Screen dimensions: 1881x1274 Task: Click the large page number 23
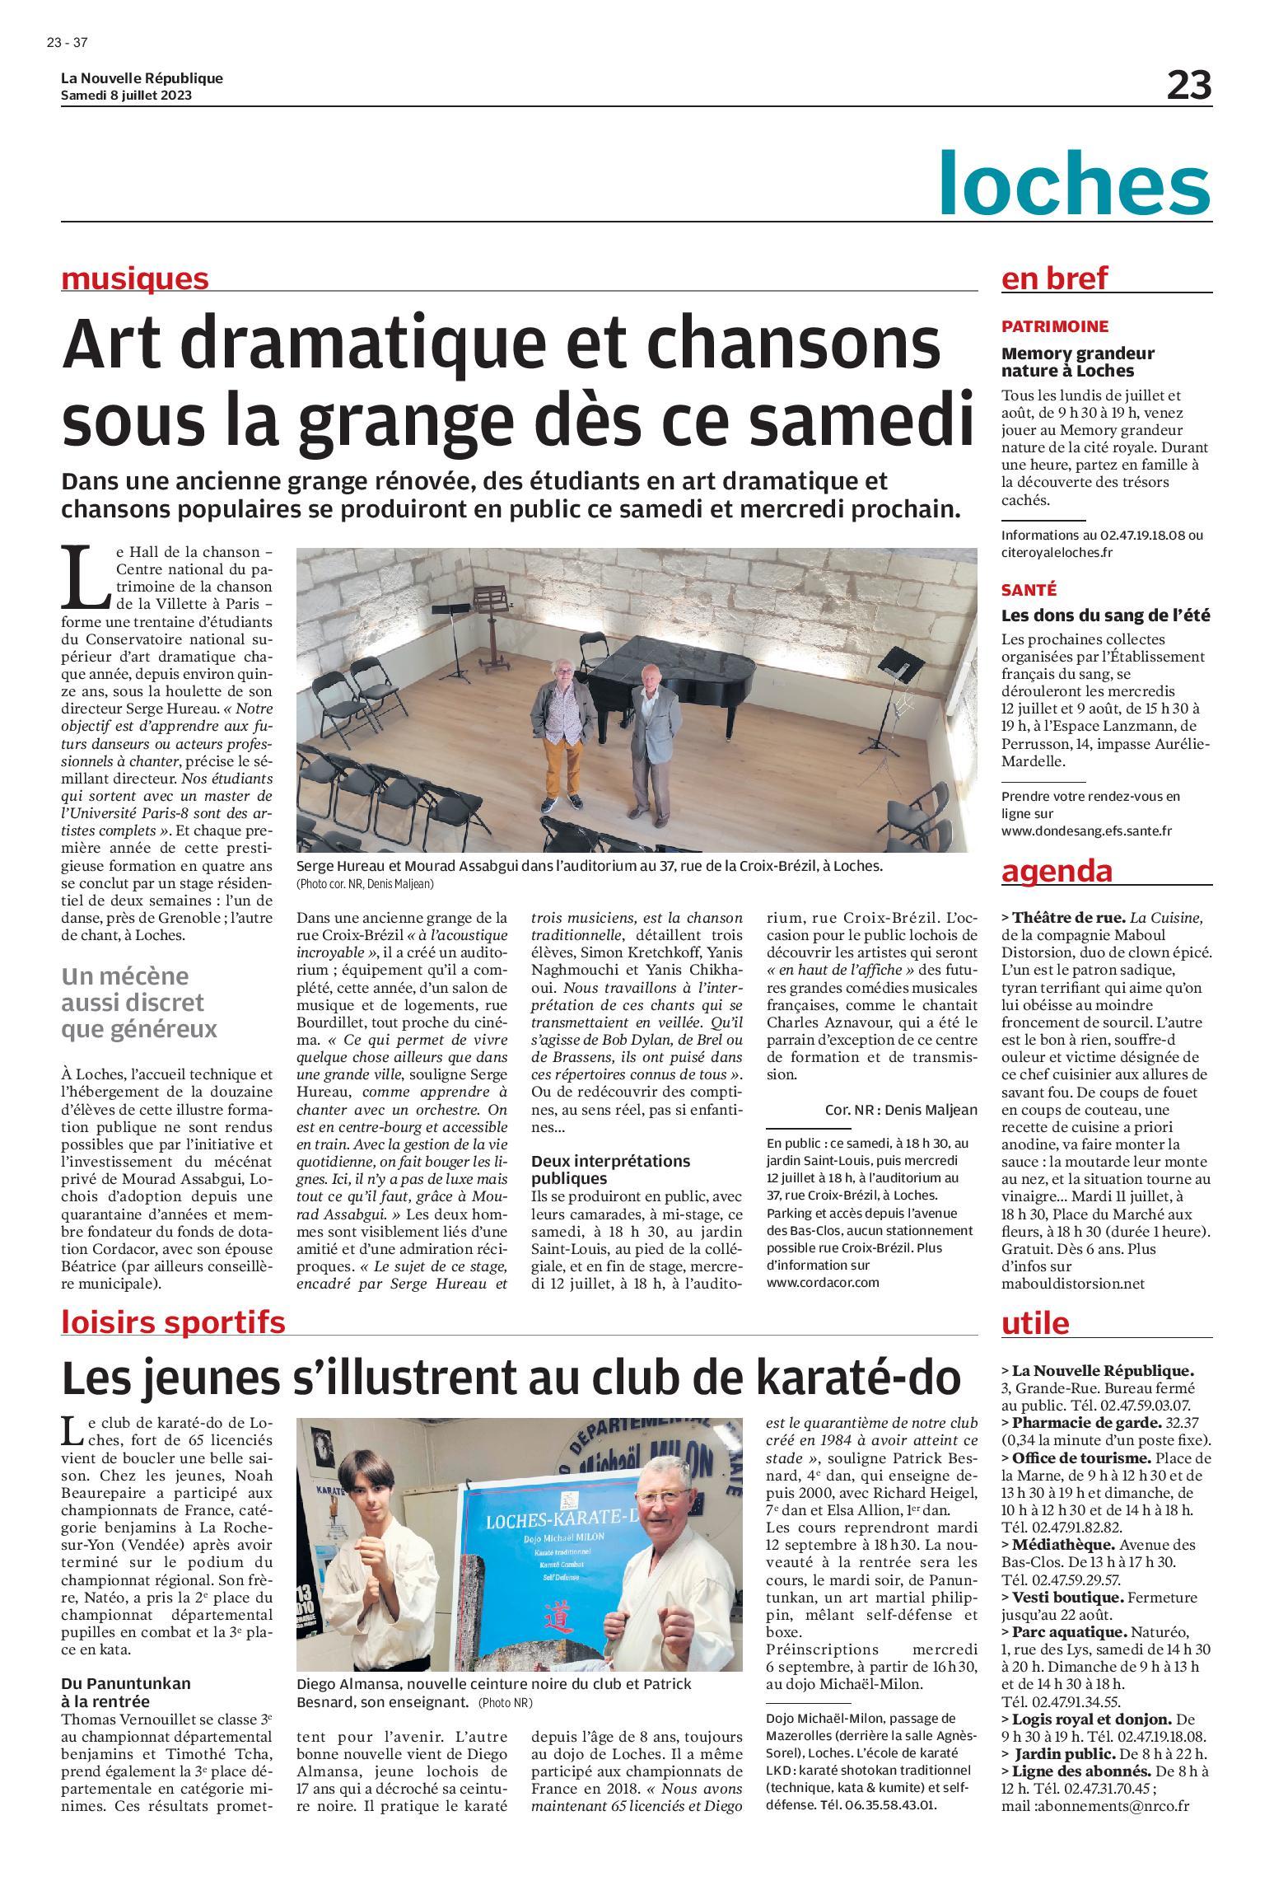[x=1188, y=86]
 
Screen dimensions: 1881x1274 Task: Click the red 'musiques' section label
[x=135, y=279]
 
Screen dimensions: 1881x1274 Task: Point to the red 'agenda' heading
[x=1057, y=871]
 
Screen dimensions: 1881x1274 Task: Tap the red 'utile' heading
[x=1035, y=1323]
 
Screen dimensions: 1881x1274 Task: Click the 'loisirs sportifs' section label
[x=174, y=1322]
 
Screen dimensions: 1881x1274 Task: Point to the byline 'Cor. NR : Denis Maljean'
[x=900, y=1110]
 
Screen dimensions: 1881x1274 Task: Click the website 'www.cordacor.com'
[x=822, y=1283]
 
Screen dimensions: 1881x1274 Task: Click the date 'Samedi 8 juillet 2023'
[x=127, y=95]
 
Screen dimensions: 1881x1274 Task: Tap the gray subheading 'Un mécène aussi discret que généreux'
[x=133, y=1003]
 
